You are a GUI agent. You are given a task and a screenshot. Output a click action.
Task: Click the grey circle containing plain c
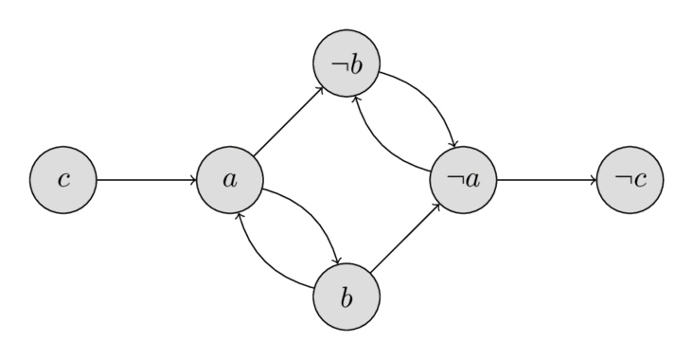tap(62, 179)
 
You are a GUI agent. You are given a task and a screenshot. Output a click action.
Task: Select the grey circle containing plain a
tap(229, 179)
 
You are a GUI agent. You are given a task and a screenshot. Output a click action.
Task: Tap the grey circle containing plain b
tap(346, 297)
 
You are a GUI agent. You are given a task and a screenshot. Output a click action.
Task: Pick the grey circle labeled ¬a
tap(463, 179)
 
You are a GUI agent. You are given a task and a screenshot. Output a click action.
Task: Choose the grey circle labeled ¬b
tap(346, 63)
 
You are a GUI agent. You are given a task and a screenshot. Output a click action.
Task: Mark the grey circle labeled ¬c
tap(630, 179)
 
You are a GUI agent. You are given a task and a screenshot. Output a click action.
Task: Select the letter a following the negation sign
tap(469, 180)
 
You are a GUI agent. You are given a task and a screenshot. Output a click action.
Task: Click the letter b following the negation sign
tap(353, 63)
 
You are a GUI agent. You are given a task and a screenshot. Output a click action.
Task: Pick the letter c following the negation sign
tap(638, 180)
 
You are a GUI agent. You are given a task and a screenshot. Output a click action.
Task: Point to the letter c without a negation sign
tap(62, 180)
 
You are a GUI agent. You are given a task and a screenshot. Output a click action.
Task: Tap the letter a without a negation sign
tap(229, 180)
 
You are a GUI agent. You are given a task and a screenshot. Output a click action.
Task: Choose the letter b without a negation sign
tap(346, 297)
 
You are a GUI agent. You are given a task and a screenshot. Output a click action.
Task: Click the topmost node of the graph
tap(346, 63)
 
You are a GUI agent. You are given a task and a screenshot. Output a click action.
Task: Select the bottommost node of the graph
tap(346, 297)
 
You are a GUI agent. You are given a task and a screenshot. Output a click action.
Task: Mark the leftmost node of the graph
tap(62, 179)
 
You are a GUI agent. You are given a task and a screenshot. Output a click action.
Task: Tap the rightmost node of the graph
tap(630, 179)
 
